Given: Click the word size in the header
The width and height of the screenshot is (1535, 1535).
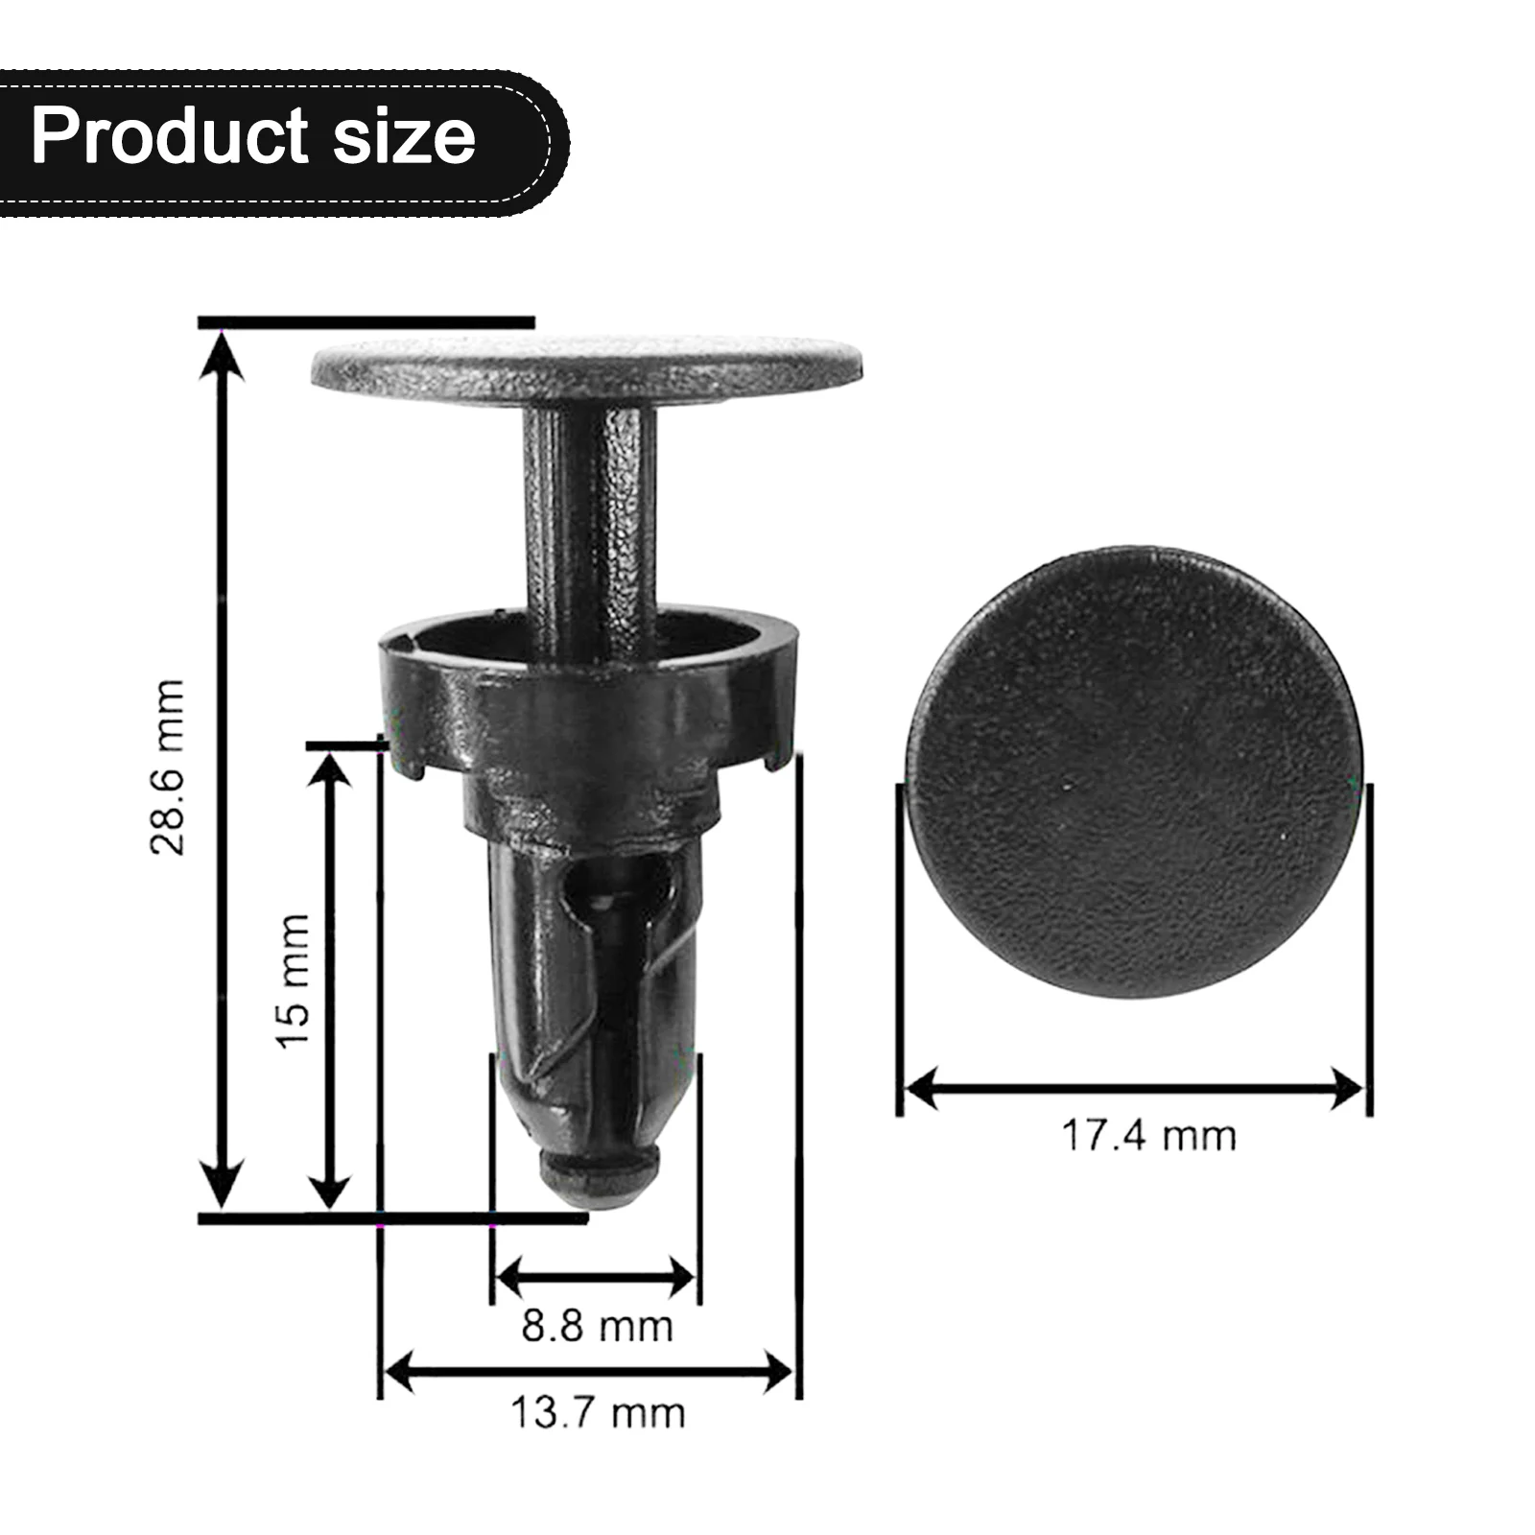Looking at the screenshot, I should [x=404, y=135].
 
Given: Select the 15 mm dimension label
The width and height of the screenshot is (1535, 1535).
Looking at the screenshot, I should [x=294, y=980].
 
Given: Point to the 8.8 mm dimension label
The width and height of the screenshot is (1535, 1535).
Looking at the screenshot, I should [x=597, y=1327].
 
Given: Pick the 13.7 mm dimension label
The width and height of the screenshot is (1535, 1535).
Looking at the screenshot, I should [x=597, y=1413].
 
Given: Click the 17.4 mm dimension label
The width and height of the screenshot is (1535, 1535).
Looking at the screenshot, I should [x=1148, y=1136].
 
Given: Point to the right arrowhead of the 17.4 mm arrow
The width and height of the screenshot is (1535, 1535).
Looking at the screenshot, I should [x=1347, y=1090].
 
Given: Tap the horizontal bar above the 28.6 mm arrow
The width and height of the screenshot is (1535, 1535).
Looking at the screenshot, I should [x=366, y=322].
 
